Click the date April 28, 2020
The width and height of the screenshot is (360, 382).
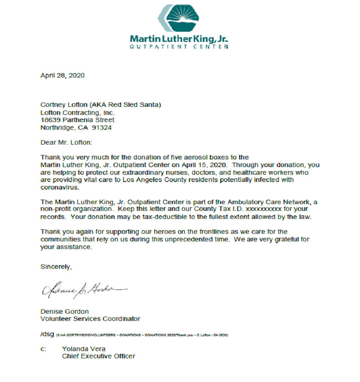62,76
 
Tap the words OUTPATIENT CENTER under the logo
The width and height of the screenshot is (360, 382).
179,47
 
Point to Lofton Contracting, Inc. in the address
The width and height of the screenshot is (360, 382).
77,112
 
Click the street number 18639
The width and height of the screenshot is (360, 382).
50,120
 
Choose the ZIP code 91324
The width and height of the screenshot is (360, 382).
102,128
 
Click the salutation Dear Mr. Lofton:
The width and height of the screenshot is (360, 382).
65,142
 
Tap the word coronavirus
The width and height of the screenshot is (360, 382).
60,187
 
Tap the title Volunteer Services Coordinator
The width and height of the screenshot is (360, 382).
90,319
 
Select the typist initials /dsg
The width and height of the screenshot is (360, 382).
47,334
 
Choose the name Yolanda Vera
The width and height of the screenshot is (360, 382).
83,349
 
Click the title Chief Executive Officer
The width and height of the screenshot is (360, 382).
98,356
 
